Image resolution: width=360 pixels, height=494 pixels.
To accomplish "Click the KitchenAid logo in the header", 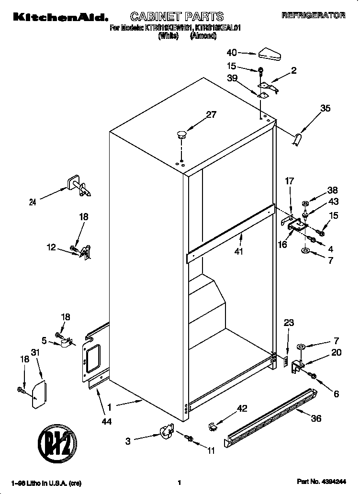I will pos(60,17).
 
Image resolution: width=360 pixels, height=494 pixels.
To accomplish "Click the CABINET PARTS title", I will pos(177,17).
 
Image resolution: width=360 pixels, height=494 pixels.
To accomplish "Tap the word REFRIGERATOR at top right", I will pos(314,16).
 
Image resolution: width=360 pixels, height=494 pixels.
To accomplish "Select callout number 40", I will pos(232,53).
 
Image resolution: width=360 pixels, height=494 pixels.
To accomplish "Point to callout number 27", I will pos(211,114).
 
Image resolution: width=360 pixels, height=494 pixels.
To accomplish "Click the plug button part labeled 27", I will pos(181,134).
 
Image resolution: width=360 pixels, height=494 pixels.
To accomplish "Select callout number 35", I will pos(325,108).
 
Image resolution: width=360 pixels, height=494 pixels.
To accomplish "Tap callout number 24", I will pos(33,202).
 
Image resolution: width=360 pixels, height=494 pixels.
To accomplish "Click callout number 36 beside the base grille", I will pos(316,418).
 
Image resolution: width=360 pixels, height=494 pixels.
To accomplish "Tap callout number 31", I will pos(34,353).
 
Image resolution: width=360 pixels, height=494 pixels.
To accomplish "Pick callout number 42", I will pos(242,408).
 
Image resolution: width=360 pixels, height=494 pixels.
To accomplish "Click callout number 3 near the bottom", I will pos(128,441).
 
